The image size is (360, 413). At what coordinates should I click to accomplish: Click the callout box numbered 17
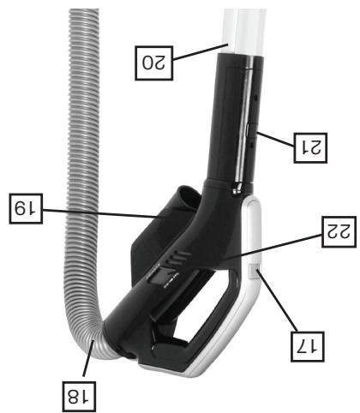tap(308, 346)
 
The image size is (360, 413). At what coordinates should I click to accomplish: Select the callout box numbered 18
tap(78, 397)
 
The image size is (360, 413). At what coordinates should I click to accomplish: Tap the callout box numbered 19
tap(26, 208)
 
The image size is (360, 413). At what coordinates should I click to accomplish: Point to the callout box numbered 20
tap(153, 63)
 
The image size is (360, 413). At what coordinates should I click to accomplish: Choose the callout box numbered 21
tap(310, 148)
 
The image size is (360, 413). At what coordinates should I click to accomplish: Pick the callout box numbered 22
tap(339, 231)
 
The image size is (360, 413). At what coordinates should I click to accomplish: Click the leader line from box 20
tap(201, 51)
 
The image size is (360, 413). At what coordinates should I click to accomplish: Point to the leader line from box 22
tap(273, 247)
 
